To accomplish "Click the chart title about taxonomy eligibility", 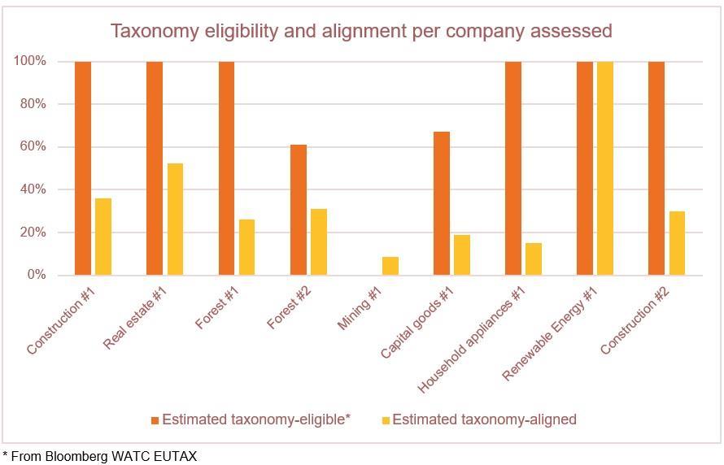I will pyautogui.click(x=361, y=31).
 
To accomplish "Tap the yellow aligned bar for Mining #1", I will pyautogui.click(x=390, y=266).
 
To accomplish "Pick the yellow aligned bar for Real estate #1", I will pyautogui.click(x=175, y=219).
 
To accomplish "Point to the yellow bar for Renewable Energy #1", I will pyautogui.click(x=605, y=168).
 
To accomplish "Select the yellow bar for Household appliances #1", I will pyautogui.click(x=534, y=259).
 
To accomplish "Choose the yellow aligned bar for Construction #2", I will pyautogui.click(x=677, y=243).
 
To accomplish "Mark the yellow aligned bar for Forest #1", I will pyautogui.click(x=246, y=247).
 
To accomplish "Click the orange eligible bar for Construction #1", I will pyautogui.click(x=83, y=168).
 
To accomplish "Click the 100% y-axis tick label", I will pyautogui.click(x=28, y=62).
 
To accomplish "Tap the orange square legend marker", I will pyautogui.click(x=155, y=420).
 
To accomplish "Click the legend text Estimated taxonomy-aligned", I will pyautogui.click(x=484, y=419).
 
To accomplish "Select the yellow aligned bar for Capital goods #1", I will pyautogui.click(x=462, y=254).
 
